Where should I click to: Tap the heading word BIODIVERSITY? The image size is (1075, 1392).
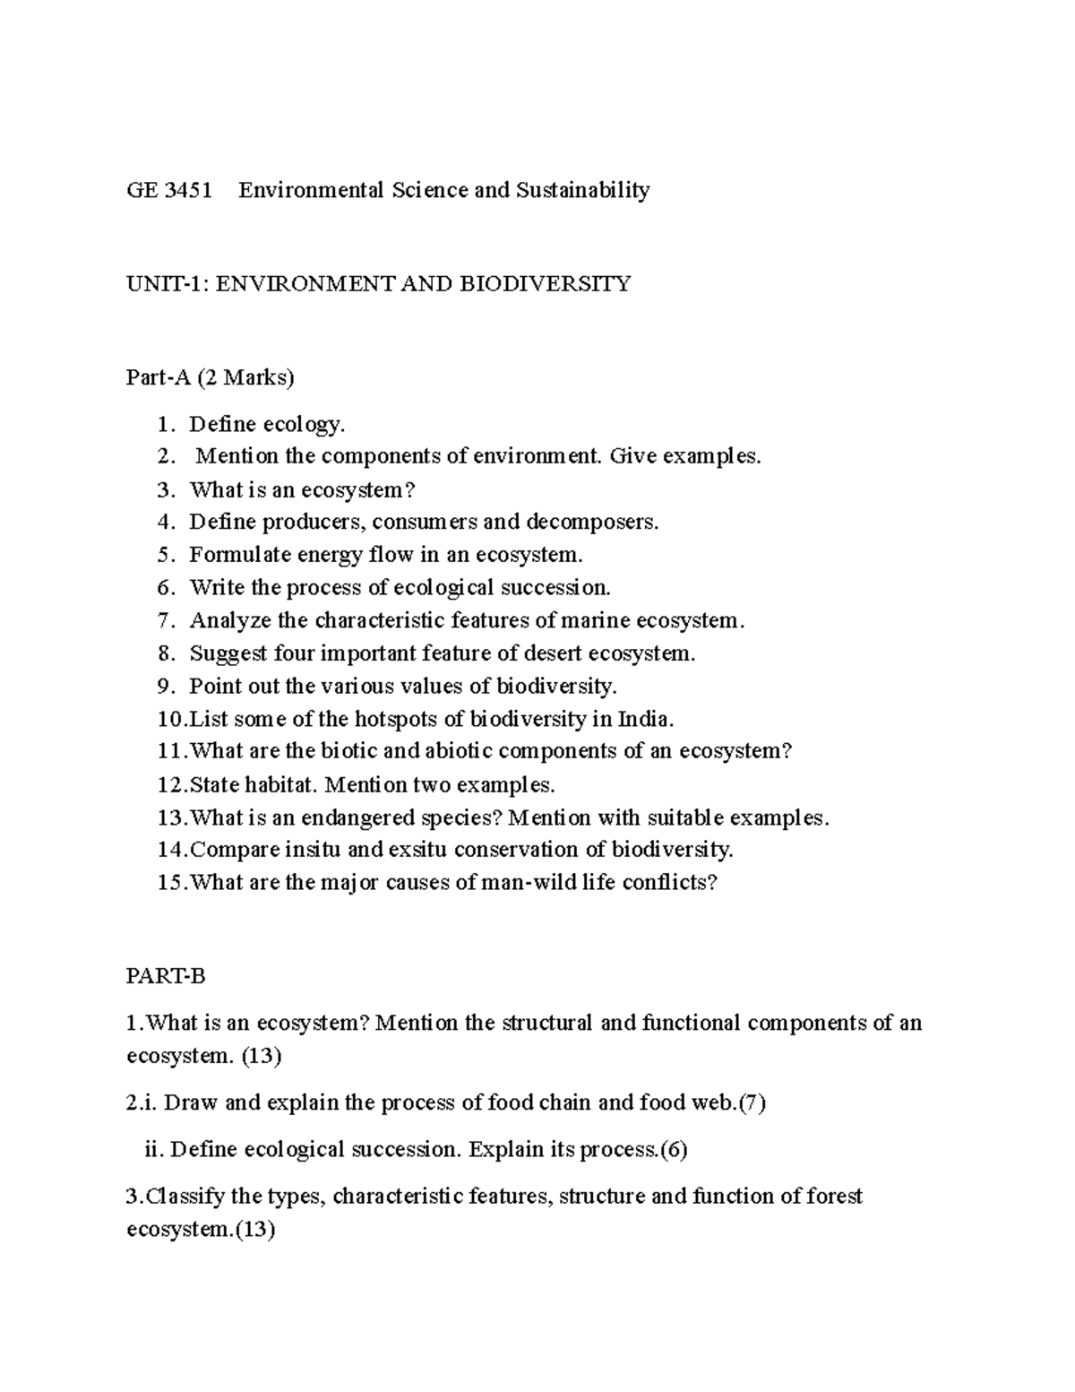click(546, 284)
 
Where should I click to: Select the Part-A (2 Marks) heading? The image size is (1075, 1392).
click(211, 378)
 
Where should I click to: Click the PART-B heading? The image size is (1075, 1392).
click(167, 976)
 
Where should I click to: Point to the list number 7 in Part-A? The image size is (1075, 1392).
click(163, 620)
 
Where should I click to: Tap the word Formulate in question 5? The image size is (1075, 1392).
click(240, 555)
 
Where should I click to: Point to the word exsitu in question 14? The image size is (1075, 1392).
click(421, 850)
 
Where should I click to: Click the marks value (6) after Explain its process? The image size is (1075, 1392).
click(673, 1150)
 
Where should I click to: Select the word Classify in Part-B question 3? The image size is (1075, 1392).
click(185, 1197)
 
